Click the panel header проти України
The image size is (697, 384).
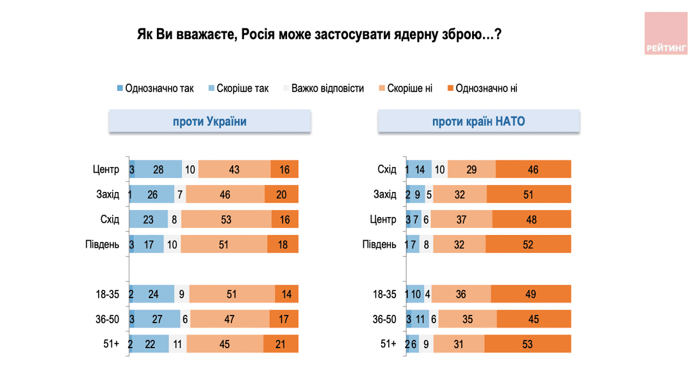point(209,122)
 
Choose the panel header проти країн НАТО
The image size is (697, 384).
point(479,122)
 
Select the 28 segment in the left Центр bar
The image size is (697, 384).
point(159,170)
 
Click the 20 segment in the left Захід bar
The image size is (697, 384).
point(281,195)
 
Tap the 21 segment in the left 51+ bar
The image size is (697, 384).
point(281,344)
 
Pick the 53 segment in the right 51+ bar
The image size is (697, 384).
point(527,344)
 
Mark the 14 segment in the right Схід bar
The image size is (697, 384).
point(420,170)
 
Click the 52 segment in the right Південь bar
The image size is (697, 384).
point(528,244)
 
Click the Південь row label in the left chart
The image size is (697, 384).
point(102,244)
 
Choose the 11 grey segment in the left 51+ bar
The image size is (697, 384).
point(177,344)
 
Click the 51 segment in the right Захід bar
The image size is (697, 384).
point(529,195)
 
